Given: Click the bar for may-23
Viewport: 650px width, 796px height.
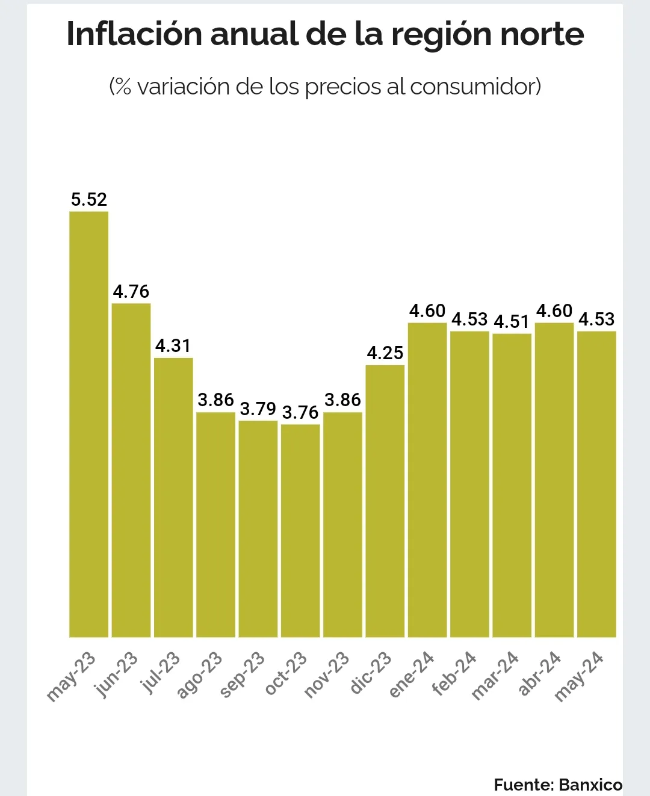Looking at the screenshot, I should pos(89,424).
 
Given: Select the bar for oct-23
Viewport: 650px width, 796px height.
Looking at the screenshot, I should pos(300,530).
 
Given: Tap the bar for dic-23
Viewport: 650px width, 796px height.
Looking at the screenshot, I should pos(385,501).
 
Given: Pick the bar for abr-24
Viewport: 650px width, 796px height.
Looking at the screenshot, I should pos(554,480).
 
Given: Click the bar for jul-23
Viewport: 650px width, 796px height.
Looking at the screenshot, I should pos(173,497).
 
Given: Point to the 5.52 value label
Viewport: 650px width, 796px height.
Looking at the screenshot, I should pos(89,199).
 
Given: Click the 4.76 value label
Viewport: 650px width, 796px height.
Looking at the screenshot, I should pos(131,292).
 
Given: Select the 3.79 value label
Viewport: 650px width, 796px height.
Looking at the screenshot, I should pos(258,409).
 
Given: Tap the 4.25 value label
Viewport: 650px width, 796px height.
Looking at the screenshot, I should pos(385,353).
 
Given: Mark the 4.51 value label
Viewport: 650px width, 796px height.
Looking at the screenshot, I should pos(512,322).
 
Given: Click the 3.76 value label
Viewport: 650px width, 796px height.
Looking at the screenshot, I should pos(300,413).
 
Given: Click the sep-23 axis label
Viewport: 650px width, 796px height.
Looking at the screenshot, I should pos(243,675).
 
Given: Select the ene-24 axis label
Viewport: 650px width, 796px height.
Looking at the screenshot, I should pos(412,674).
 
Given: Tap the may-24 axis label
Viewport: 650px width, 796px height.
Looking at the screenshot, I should pos(579,676).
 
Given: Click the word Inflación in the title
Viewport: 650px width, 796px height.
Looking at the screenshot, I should pos(134,34).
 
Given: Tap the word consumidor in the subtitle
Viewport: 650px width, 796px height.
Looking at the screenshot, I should pos(475,87).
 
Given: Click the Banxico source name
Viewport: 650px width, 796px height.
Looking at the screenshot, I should pos(590,785).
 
